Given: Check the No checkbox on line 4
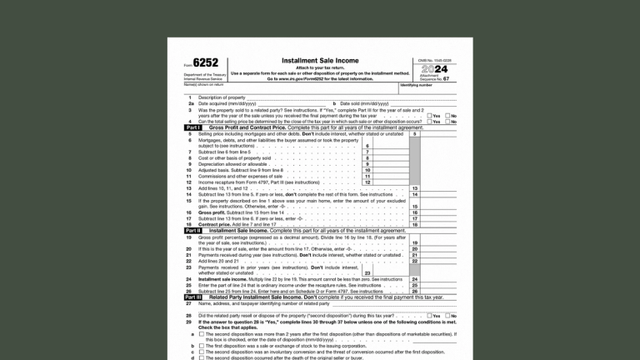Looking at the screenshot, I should (x=447, y=122).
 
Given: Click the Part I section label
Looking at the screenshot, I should (x=191, y=127).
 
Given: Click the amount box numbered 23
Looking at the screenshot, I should (x=384, y=272).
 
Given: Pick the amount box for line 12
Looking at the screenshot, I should (x=384, y=182).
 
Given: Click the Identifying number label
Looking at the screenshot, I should (x=416, y=85).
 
